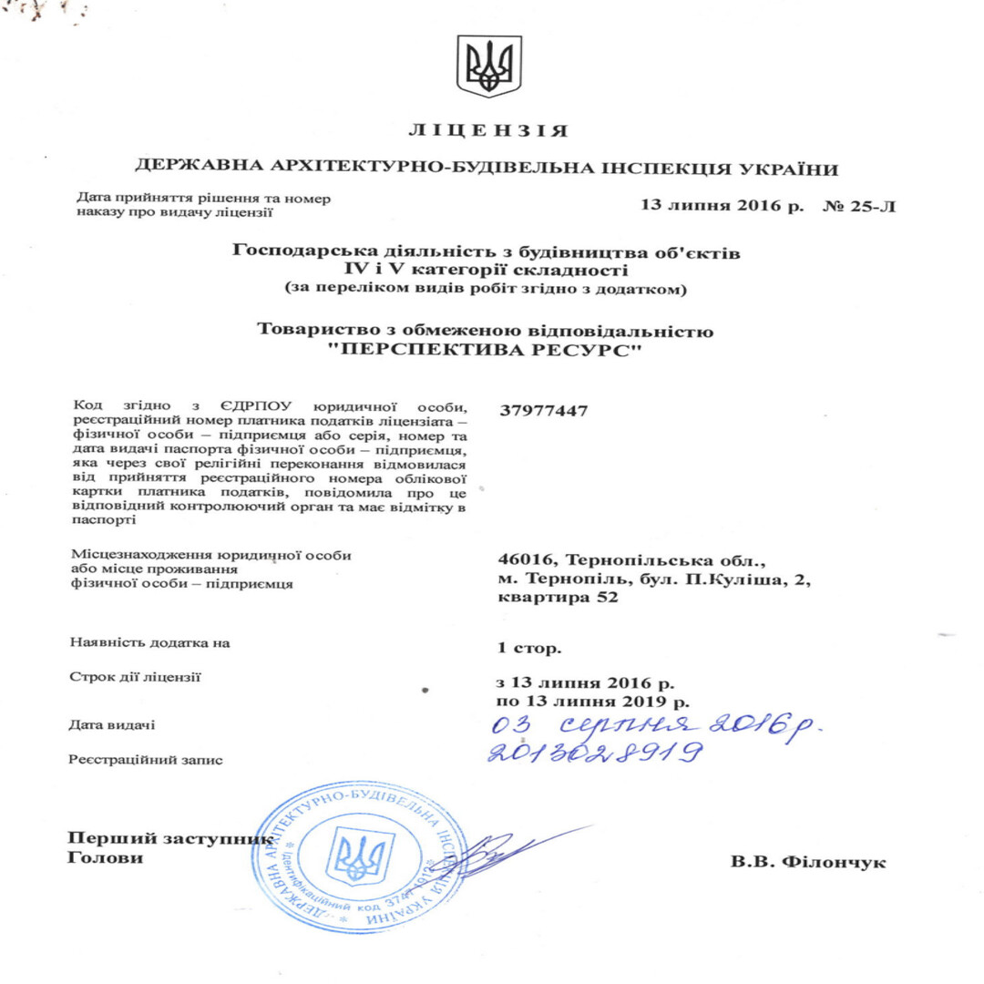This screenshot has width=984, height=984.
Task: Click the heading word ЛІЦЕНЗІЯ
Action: coord(489,131)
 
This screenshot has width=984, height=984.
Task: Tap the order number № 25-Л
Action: coord(860,206)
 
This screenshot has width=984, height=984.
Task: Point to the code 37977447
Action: coord(544,410)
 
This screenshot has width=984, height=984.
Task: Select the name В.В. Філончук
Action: coord(808,861)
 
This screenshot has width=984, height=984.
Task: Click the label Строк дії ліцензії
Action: coord(136,677)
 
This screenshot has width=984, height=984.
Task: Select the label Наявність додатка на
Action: coord(149,643)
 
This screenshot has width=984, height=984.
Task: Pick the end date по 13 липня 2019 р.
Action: coord(593,702)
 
